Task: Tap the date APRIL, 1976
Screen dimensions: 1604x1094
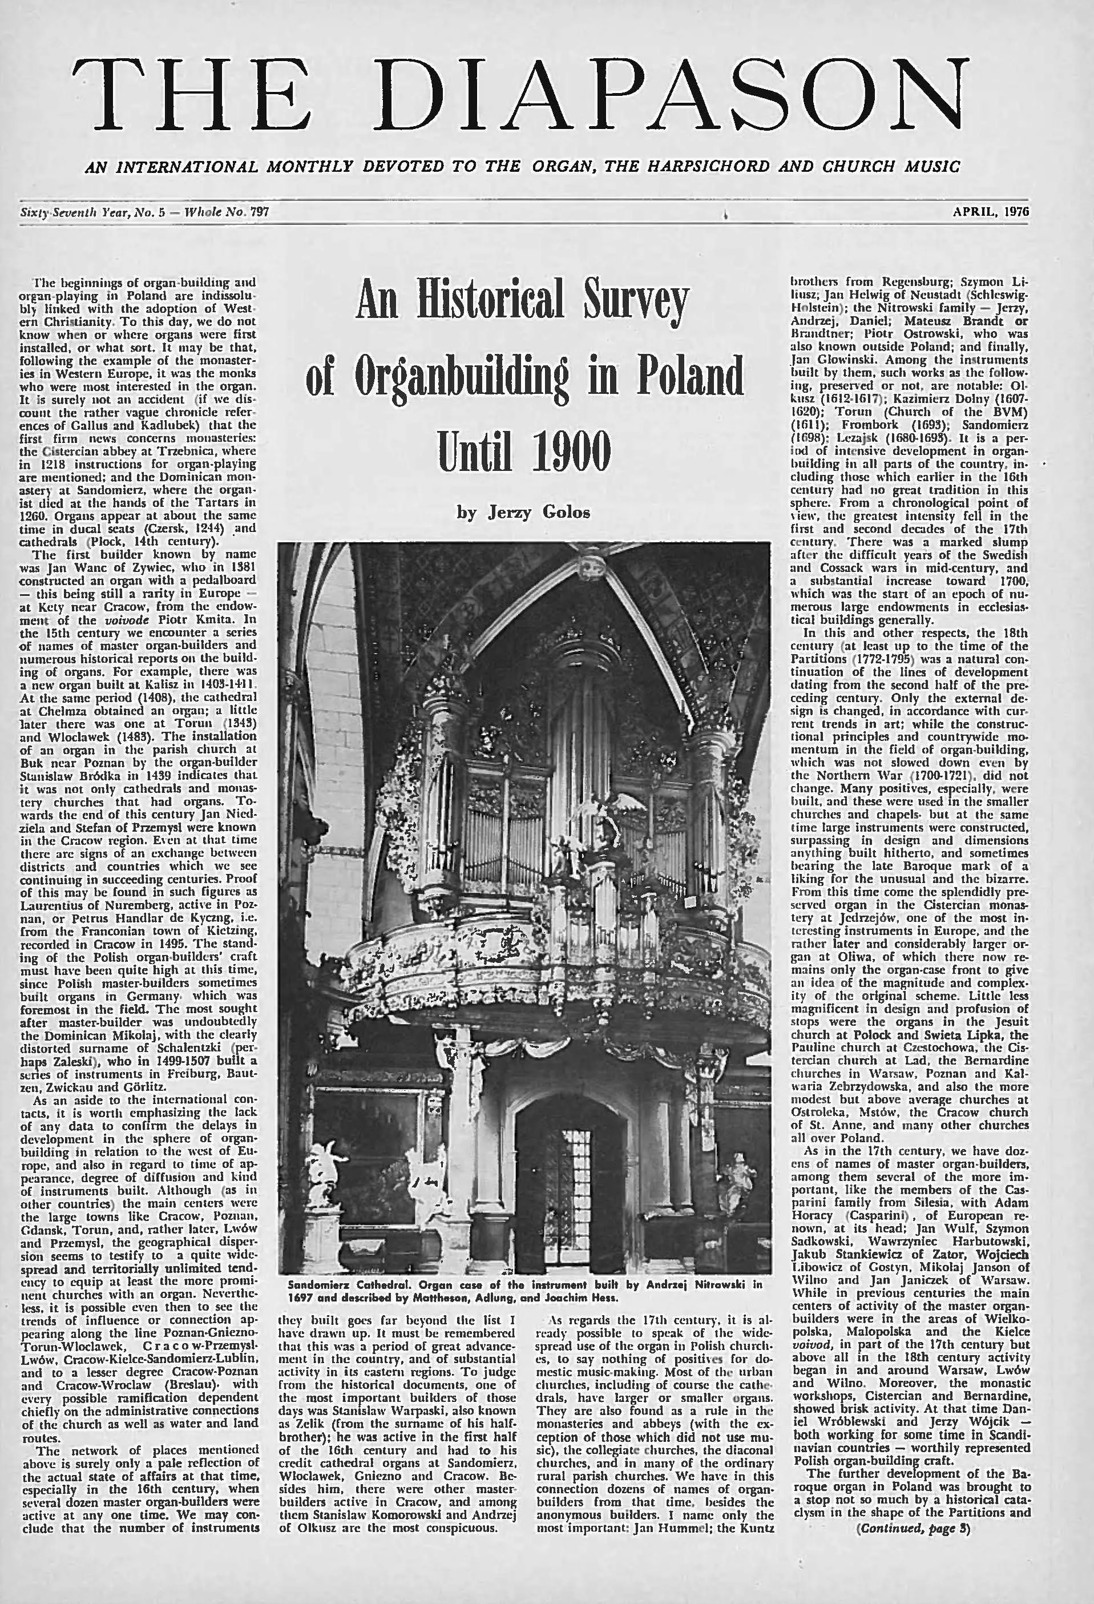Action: [991, 212]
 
